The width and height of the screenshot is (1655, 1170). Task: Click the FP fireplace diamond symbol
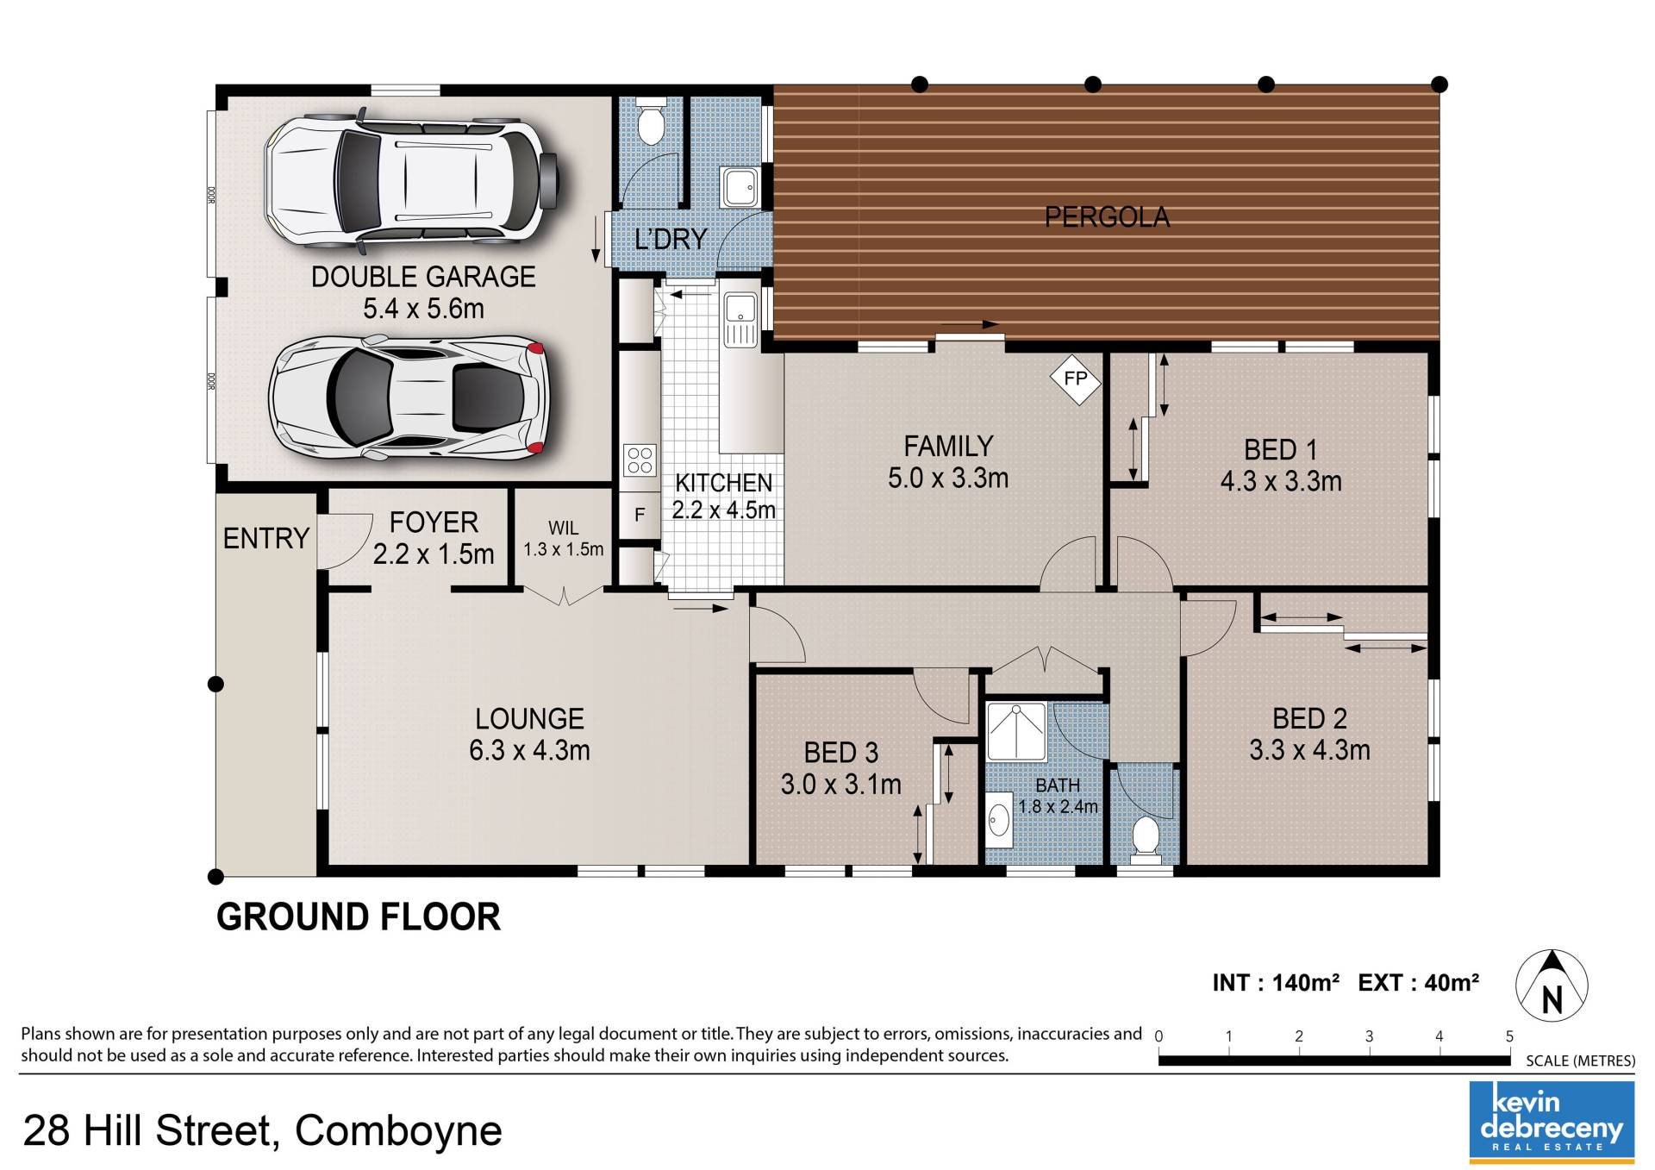pyautogui.click(x=1075, y=379)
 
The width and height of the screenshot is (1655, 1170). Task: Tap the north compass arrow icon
pyautogui.click(x=1552, y=985)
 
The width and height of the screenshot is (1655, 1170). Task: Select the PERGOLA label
pyautogui.click(x=1107, y=216)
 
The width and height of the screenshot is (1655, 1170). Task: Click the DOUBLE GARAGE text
pyautogui.click(x=423, y=277)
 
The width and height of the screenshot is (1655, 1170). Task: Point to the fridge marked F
pyautogui.click(x=640, y=515)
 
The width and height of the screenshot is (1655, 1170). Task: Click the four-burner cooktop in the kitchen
pyautogui.click(x=640, y=460)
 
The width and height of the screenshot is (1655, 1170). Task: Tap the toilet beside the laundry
pyautogui.click(x=651, y=122)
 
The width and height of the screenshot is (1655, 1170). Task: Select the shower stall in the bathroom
pyautogui.click(x=1016, y=731)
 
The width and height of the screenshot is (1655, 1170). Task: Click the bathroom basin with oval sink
pyautogui.click(x=999, y=821)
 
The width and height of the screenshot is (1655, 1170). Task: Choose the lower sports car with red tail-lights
pyautogui.click(x=409, y=397)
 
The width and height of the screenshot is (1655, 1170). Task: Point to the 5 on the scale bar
pyautogui.click(x=1509, y=1036)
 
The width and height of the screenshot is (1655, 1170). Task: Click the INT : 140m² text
pyautogui.click(x=1276, y=983)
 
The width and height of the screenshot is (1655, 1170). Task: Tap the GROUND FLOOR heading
pyautogui.click(x=359, y=917)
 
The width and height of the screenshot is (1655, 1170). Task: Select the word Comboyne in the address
pyautogui.click(x=398, y=1130)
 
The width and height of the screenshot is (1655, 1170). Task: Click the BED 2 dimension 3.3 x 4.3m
pyautogui.click(x=1309, y=750)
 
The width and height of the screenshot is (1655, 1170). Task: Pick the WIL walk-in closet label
pyautogui.click(x=564, y=528)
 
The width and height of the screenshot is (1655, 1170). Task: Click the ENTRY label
pyautogui.click(x=265, y=538)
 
